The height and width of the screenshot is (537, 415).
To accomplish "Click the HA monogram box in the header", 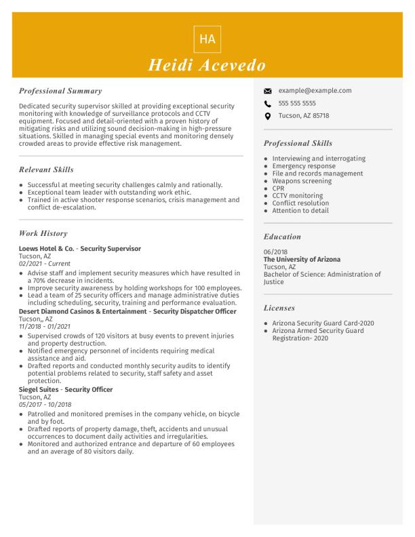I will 207,39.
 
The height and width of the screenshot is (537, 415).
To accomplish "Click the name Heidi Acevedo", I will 207,65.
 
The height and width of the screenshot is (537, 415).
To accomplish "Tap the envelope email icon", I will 268,91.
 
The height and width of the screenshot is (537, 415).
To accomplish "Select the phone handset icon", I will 268,104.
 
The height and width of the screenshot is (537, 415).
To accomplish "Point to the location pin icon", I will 268,116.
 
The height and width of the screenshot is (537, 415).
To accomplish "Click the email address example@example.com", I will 315,90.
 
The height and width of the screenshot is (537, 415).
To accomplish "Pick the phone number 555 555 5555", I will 297,103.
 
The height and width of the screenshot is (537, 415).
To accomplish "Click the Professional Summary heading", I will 60,91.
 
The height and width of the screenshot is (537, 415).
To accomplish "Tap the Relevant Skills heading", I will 46,170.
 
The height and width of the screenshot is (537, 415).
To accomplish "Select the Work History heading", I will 43,233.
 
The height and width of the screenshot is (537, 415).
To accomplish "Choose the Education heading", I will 282,237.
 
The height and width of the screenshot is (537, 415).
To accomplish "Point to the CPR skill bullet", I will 278,188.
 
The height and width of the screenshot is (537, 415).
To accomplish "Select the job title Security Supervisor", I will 111,249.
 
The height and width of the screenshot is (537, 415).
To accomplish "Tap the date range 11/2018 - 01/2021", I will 45,326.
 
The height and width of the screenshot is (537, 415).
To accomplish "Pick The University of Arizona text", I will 302,260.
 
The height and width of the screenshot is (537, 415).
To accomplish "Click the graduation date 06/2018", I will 275,252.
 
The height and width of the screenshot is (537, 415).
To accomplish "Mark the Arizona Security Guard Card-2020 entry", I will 323,323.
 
